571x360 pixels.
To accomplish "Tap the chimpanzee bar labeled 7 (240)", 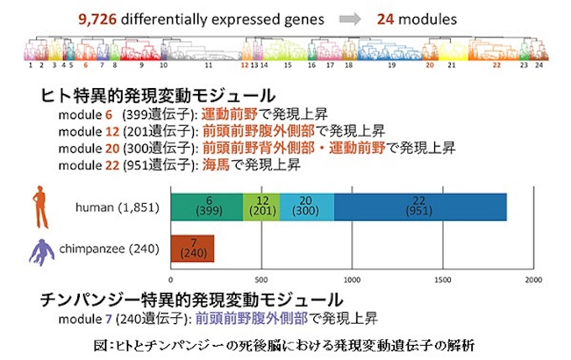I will [x=192, y=248].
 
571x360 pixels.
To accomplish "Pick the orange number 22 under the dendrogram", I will [x=496, y=64].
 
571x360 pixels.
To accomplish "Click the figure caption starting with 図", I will [x=285, y=344].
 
